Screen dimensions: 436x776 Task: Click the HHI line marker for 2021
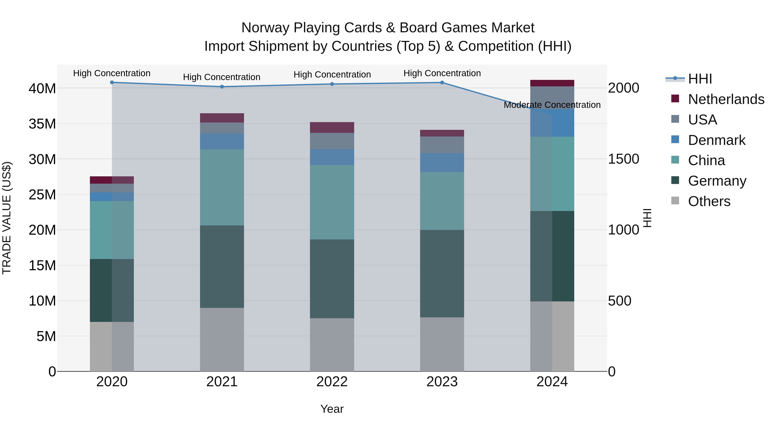pos(222,87)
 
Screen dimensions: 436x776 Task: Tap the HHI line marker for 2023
pos(442,82)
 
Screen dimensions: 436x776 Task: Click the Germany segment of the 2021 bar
pos(222,267)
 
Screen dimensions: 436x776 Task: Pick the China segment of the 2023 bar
pos(442,201)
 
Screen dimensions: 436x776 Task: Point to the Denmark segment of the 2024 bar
pos(552,123)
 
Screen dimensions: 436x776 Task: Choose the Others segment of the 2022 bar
pos(332,345)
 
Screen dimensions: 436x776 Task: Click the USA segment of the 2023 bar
pos(442,145)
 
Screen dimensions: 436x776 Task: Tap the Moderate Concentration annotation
pos(552,105)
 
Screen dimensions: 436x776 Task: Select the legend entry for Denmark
pos(716,140)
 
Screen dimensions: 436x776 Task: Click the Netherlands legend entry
pos(726,99)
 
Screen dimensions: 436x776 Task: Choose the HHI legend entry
pos(700,79)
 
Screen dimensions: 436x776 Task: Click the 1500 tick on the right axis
pos(623,159)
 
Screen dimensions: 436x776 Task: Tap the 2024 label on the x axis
pos(552,382)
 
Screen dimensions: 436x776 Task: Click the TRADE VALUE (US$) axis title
pos(7,218)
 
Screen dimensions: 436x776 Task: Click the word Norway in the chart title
pos(265,28)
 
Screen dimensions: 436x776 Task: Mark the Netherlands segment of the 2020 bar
pos(112,180)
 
